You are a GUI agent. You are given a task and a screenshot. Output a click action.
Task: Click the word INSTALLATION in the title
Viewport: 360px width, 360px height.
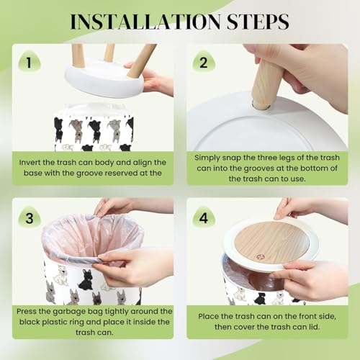[145, 22]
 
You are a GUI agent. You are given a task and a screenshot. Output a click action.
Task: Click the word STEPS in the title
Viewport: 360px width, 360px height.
[258, 22]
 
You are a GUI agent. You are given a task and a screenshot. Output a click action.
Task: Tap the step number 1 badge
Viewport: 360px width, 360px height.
[29, 61]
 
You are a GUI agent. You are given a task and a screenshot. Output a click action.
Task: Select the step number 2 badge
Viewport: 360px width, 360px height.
[204, 61]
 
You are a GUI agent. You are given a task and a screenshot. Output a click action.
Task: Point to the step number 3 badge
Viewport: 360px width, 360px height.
[30, 217]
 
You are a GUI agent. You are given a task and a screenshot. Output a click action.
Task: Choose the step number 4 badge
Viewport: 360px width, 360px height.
[204, 217]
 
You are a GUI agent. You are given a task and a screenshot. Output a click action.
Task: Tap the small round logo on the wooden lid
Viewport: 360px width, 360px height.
[259, 257]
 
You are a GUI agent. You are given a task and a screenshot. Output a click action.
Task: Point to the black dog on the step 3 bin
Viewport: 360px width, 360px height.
[86, 279]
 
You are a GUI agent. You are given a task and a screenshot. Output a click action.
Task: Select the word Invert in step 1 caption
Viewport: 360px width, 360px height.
[30, 163]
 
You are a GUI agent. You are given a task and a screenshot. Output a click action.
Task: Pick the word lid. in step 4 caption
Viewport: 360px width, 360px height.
[314, 327]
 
